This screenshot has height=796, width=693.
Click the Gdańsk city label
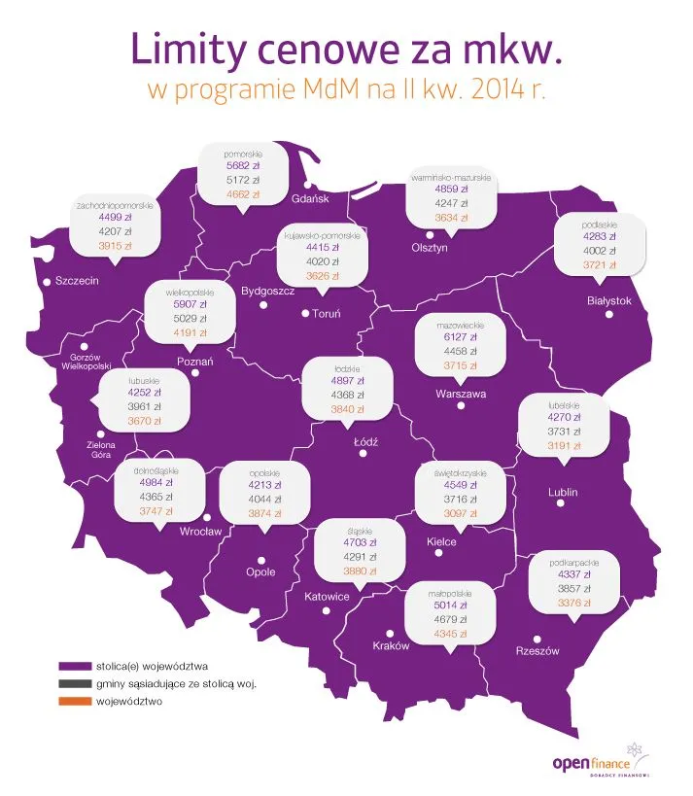coord(311,199)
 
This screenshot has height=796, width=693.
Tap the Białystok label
coord(609,300)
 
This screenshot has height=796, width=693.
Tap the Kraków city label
coord(392,646)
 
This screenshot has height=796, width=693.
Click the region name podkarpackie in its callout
coord(572,562)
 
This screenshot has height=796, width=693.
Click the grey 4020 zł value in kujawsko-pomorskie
coord(323,261)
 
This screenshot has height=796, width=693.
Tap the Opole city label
coord(260,572)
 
